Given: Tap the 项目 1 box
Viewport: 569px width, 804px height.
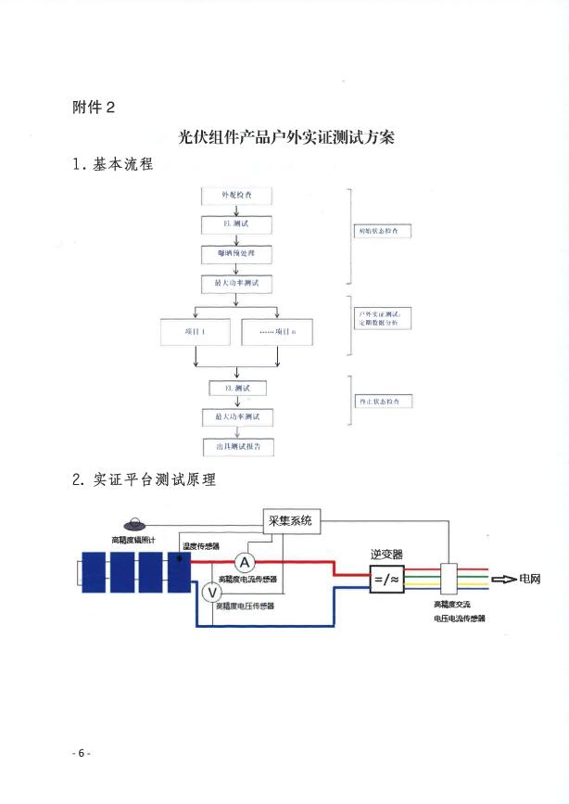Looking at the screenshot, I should tap(196, 331).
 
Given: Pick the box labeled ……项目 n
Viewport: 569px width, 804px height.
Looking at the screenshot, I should tap(278, 331).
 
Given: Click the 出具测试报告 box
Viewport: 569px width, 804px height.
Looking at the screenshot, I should tap(238, 446).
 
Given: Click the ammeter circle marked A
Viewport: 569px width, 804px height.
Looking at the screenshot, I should tap(243, 562).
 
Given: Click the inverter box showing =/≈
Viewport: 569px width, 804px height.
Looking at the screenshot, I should tap(385, 580).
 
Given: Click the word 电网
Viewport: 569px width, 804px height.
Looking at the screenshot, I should tap(531, 580).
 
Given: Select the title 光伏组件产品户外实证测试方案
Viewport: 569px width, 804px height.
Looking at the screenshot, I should tap(285, 137).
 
